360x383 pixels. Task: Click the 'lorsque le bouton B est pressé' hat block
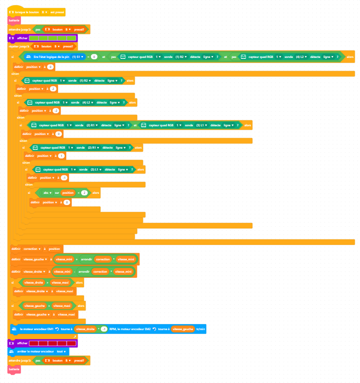coord(37,12)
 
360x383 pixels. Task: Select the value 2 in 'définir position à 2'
coord(53,88)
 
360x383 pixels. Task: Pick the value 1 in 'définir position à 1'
coord(62,156)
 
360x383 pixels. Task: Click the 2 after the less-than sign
coord(85,193)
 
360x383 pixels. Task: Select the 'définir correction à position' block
coord(37,249)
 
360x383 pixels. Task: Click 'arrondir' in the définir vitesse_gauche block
coord(86,259)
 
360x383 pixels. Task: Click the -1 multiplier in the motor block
coord(104,329)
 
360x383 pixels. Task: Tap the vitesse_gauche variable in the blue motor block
coord(183,329)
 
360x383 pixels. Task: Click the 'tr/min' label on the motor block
coord(200,329)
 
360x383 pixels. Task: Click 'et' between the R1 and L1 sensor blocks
coord(135,124)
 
